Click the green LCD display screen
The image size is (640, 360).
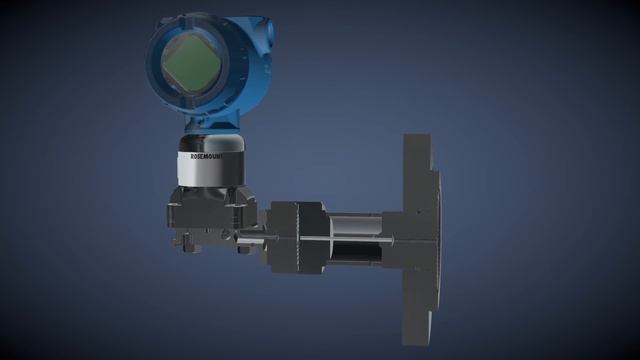coord(191,64)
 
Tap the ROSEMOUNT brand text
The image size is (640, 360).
coord(207,156)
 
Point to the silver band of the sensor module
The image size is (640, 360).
coord(211,168)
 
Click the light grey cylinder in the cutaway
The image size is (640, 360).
coord(356,225)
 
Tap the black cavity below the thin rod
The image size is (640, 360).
coord(355,253)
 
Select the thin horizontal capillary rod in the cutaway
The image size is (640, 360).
coord(346,239)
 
